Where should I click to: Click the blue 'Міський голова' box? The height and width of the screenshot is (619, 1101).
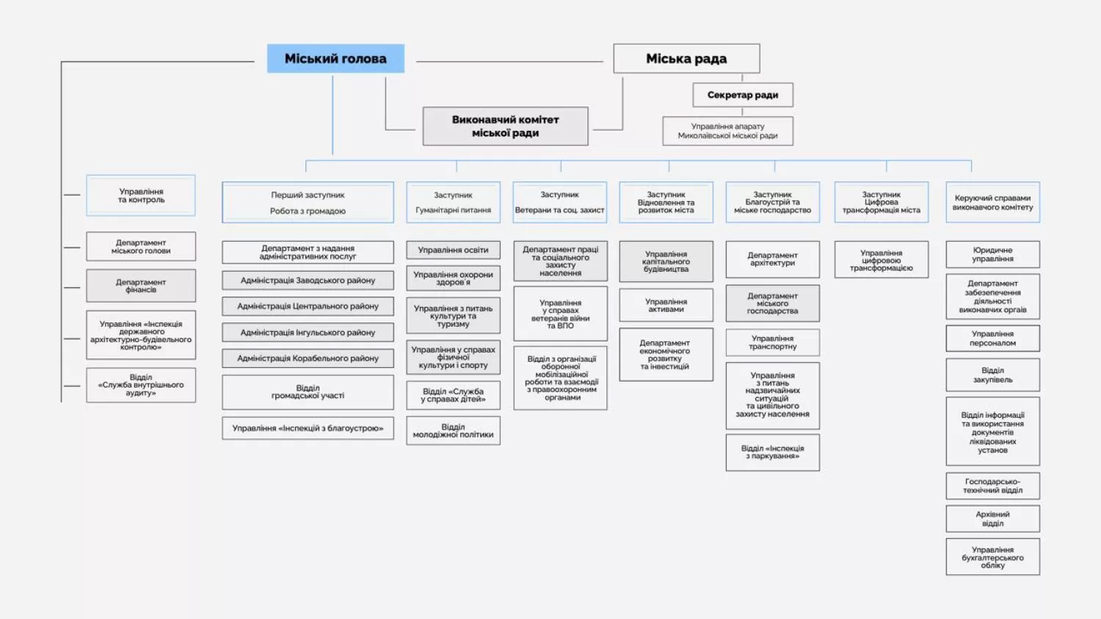[335, 59]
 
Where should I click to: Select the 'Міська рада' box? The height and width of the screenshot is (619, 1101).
[686, 59]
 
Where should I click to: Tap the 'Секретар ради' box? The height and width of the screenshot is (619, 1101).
[742, 95]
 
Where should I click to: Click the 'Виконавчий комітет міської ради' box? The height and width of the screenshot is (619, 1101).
[505, 126]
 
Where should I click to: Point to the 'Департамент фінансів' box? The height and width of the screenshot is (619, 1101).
[141, 286]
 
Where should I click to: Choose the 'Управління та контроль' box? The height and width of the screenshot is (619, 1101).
[141, 195]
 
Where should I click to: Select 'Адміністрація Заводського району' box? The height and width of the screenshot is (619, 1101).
[308, 280]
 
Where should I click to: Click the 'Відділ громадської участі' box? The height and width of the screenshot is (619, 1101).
[308, 392]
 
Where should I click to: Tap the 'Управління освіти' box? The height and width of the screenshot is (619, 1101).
[453, 250]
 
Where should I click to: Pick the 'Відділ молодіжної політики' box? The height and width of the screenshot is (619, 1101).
[453, 430]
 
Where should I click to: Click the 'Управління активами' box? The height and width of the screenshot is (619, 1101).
[666, 305]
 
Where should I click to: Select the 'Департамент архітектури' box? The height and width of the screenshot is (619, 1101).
[772, 259]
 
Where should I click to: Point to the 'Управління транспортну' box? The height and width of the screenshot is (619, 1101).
[772, 342]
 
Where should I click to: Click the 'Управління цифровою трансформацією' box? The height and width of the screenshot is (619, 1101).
[881, 260]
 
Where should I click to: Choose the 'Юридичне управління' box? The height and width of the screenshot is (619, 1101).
[992, 255]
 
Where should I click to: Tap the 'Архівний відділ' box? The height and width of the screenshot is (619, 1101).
[992, 519]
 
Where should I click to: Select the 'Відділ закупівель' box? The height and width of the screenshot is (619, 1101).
[992, 375]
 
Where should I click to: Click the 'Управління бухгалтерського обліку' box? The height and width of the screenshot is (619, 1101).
[992, 557]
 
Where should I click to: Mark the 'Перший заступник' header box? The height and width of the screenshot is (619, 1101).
[308, 203]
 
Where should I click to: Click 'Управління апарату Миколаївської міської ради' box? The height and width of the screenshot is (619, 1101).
[727, 131]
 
